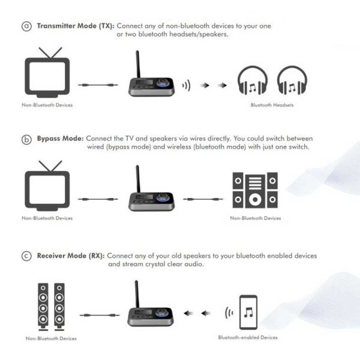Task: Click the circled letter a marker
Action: tap(26, 26)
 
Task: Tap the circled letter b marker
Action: tap(26, 139)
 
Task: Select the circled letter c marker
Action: tap(26, 256)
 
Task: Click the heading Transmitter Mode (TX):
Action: tap(76, 26)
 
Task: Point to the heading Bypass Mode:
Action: tap(60, 139)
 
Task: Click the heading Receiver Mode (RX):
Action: tap(71, 256)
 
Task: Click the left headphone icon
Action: tap(253, 80)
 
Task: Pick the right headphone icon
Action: tap(292, 80)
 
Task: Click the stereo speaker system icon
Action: tap(255, 190)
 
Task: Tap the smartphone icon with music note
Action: tap(248, 312)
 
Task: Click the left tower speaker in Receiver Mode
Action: tap(43, 307)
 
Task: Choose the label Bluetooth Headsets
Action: tap(272, 105)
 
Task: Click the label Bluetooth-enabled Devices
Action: tap(248, 337)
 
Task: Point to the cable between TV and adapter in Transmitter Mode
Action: tap(98, 85)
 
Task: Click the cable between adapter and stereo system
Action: tap(203, 199)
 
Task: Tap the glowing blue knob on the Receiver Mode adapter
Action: tap(161, 313)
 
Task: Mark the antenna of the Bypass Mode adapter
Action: tap(138, 179)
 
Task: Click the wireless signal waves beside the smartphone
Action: tap(229, 313)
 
